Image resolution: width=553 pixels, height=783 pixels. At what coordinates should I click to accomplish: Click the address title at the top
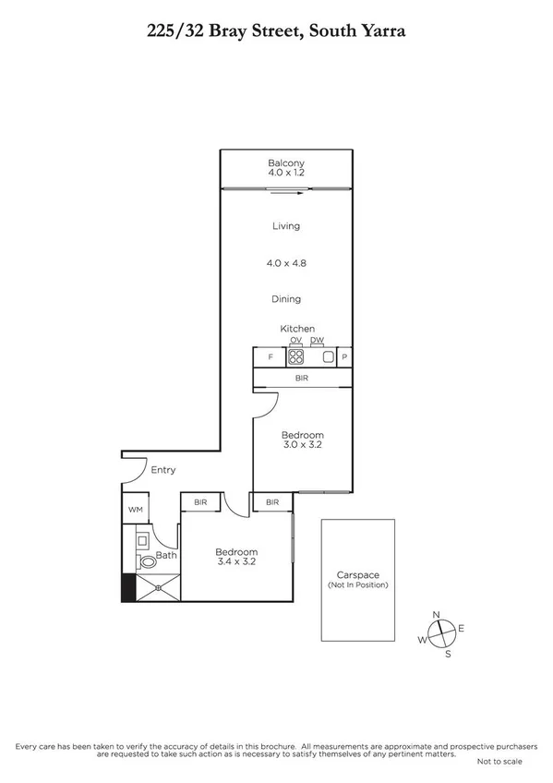pyautogui.click(x=277, y=31)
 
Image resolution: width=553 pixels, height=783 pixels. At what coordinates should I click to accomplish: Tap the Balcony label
pyautogui.click(x=286, y=163)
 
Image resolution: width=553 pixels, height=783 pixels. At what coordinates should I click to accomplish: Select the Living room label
pyautogui.click(x=286, y=226)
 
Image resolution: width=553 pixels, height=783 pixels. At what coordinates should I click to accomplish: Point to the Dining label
pyautogui.click(x=286, y=299)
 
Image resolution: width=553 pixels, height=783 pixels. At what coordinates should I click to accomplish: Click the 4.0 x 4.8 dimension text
pyautogui.click(x=286, y=263)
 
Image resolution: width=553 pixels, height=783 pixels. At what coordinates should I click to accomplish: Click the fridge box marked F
pyautogui.click(x=270, y=356)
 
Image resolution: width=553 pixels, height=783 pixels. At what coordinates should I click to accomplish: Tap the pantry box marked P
pyautogui.click(x=343, y=356)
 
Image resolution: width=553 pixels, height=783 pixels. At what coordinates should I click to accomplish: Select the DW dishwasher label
pyautogui.click(x=317, y=341)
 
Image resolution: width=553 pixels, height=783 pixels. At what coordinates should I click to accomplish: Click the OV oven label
pyautogui.click(x=296, y=341)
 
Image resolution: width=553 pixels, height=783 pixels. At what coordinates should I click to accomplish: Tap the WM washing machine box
pyautogui.click(x=135, y=509)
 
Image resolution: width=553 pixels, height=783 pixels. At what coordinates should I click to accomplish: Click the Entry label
pyautogui.click(x=163, y=470)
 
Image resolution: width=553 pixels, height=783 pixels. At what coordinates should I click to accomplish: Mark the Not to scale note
pyautogui.click(x=499, y=762)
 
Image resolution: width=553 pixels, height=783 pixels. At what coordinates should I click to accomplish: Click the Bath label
pyautogui.click(x=166, y=555)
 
